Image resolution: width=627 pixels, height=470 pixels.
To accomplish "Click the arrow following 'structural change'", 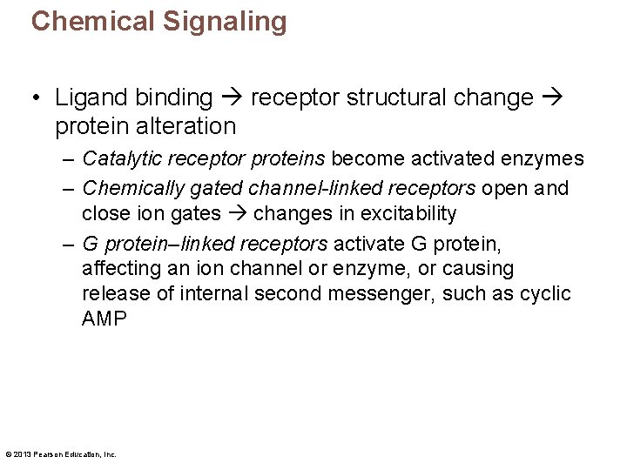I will coord(552,97).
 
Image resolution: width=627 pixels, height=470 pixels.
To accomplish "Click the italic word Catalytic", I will coord(118,159).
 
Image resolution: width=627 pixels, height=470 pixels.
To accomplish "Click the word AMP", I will coord(104,319).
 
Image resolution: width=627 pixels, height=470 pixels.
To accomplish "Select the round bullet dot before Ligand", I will coord(38,98).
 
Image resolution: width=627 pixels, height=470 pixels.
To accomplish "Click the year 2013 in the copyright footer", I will coord(22,454).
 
